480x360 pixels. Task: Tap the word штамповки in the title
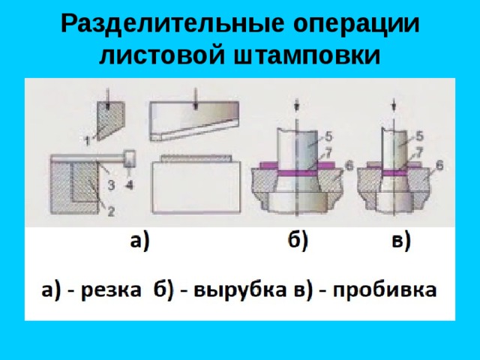click(x=307, y=55)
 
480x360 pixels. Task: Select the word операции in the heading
click(x=357, y=25)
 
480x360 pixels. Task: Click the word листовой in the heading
click(x=162, y=55)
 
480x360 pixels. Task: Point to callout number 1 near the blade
click(x=87, y=140)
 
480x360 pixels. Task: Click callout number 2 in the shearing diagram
click(x=110, y=211)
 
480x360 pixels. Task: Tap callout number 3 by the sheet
click(x=111, y=184)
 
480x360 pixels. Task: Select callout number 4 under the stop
click(x=130, y=184)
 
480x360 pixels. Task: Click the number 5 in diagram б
click(x=328, y=136)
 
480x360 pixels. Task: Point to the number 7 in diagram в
click(x=418, y=151)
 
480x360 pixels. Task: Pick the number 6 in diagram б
click(x=349, y=166)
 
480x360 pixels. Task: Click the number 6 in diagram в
click(x=439, y=166)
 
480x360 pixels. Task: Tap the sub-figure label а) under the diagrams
click(x=139, y=241)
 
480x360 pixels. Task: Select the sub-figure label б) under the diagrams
click(x=298, y=241)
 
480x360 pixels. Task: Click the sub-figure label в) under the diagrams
click(x=400, y=241)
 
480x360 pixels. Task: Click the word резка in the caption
click(x=111, y=289)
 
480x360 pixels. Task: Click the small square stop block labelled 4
click(x=129, y=158)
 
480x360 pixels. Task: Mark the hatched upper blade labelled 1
click(x=109, y=120)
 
